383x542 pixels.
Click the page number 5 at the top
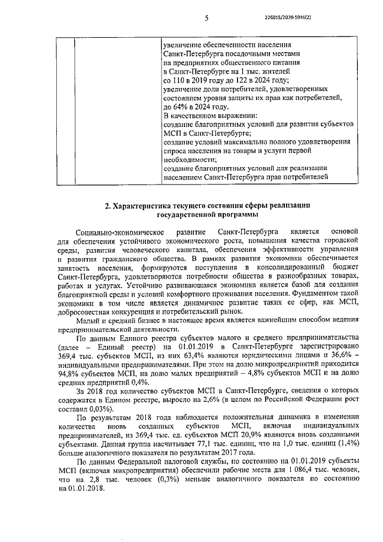[x=205, y=19]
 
